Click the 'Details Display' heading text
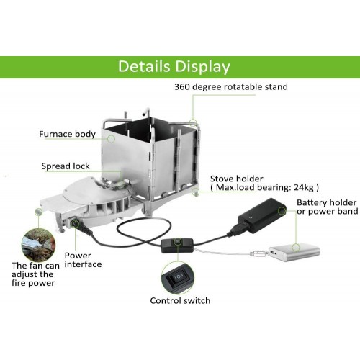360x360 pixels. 174,66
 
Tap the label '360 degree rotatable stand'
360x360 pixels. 231,87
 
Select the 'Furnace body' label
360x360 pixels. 67,134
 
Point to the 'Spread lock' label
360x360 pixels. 66,166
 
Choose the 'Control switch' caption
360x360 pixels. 180,300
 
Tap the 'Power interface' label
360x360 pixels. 83,260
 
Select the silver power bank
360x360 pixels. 294,252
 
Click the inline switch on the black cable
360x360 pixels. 177,246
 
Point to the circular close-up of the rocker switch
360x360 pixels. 178,278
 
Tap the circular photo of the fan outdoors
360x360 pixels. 38,245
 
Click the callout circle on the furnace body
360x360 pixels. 111,138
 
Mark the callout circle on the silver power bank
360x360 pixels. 296,247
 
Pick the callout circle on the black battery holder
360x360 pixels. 282,211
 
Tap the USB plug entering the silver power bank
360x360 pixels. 260,253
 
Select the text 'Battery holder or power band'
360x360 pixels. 328,207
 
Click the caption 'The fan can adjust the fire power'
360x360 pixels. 35,274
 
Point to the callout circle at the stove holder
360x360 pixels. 195,192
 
